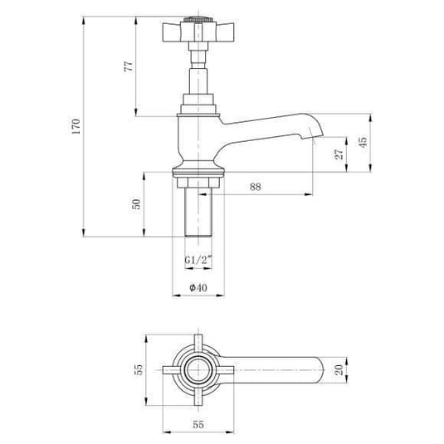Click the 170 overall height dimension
coord(76,126)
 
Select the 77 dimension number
coord(128,68)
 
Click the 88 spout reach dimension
coord(256,188)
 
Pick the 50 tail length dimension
coord(136,204)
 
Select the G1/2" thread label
coord(198,260)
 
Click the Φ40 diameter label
coord(198,287)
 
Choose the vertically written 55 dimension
coord(139,368)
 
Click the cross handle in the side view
coord(198,35)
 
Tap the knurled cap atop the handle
coord(198,18)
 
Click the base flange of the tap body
coord(198,173)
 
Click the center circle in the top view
coord(198,370)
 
